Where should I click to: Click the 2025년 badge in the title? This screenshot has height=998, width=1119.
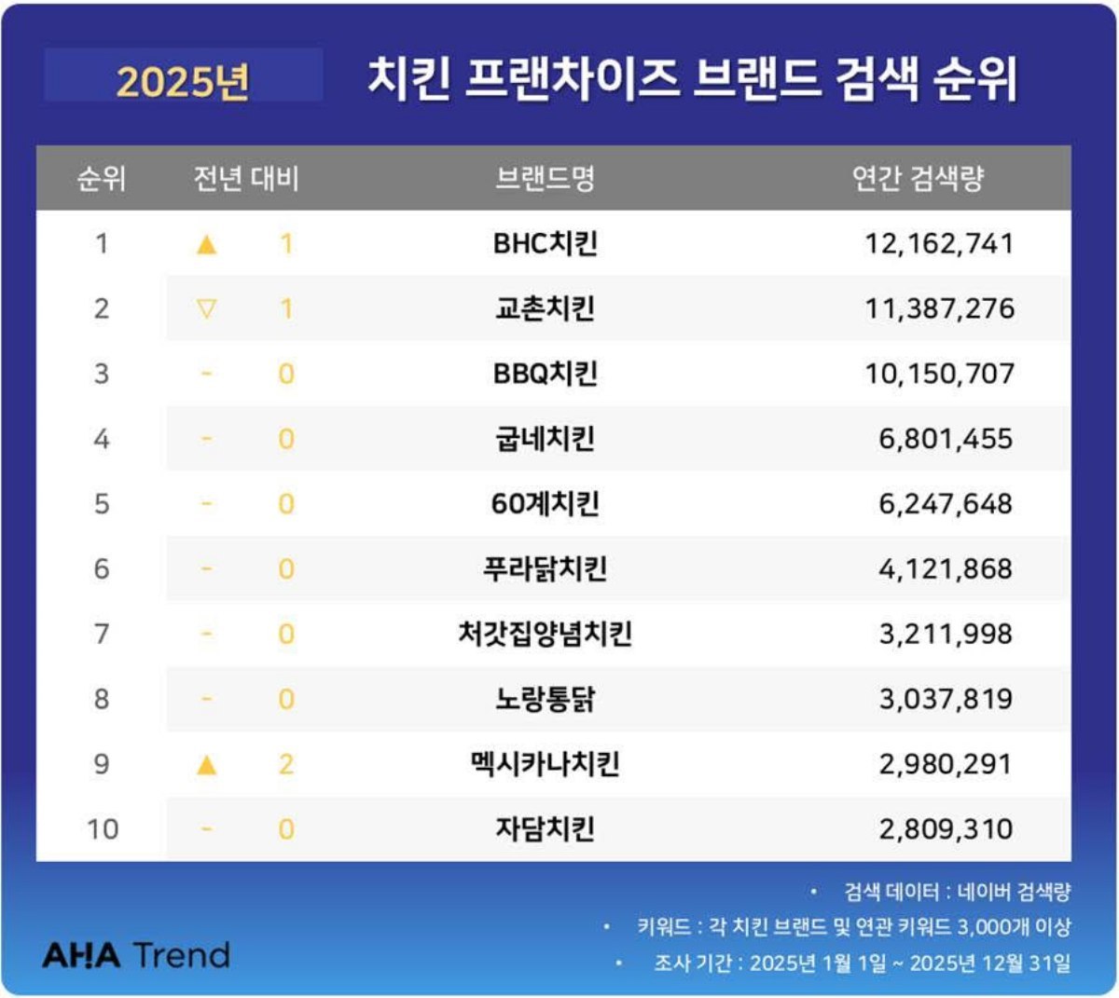(x=183, y=80)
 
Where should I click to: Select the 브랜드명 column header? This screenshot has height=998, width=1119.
(x=545, y=177)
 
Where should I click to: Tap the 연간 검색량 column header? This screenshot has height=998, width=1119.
(x=918, y=177)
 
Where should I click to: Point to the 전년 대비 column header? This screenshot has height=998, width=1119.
(x=246, y=177)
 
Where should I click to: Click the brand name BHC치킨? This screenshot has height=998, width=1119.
(x=545, y=243)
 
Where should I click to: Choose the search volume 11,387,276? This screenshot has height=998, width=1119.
(x=939, y=308)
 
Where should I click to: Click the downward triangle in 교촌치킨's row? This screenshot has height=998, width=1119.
(x=207, y=308)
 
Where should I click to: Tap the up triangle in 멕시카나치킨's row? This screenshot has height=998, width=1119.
(x=207, y=765)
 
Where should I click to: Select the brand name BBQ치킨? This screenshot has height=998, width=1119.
(x=545, y=374)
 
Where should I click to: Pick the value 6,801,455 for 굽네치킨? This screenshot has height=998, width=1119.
(x=945, y=439)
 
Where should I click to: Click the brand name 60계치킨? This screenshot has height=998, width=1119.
(x=545, y=504)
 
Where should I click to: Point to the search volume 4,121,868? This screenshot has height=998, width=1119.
(x=945, y=568)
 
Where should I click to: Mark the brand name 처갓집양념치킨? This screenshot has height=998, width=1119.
(x=545, y=634)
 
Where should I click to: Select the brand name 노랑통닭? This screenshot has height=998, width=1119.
(x=545, y=699)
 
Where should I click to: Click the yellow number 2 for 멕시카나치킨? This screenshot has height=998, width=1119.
(x=286, y=764)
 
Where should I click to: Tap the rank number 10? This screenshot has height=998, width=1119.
(x=103, y=828)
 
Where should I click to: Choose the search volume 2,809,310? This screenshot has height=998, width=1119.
(x=945, y=828)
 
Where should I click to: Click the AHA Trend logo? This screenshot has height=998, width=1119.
(x=136, y=955)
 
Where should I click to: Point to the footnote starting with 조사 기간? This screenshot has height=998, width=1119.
(x=862, y=963)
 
